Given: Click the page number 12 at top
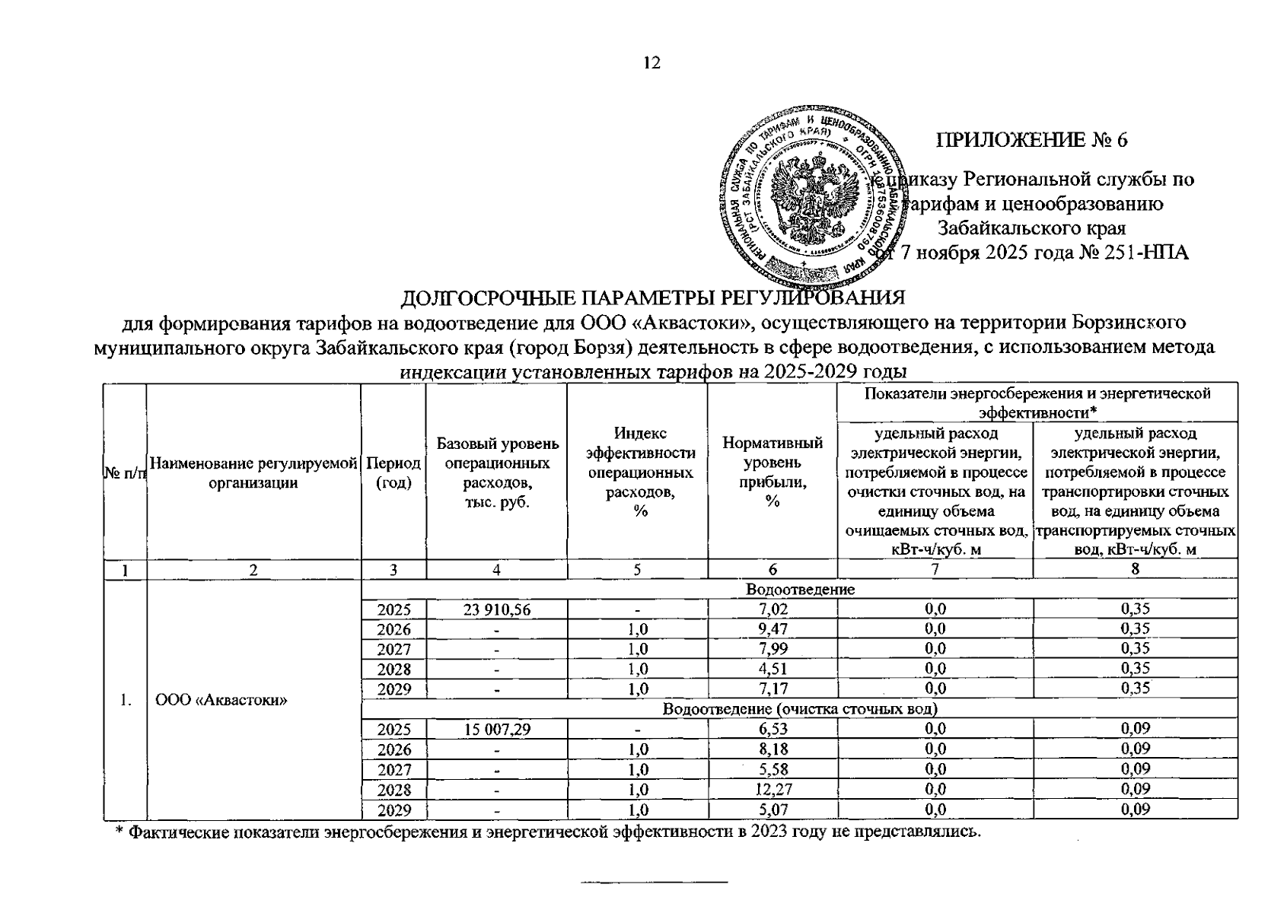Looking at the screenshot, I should [651, 63].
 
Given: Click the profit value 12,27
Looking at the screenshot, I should [772, 789].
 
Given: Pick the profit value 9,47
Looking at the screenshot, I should [772, 629].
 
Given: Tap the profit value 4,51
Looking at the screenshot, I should [772, 669].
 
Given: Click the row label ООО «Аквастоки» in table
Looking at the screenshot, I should [221, 699].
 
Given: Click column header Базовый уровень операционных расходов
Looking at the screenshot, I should [496, 472].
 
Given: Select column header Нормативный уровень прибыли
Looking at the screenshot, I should [772, 472].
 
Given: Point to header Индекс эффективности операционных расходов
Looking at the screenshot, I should [638, 472].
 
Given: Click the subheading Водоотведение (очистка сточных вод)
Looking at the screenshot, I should [799, 709].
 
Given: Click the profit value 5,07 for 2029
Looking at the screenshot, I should [772, 810].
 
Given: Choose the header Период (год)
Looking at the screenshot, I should [393, 472].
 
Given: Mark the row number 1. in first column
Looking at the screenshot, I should [125, 699].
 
